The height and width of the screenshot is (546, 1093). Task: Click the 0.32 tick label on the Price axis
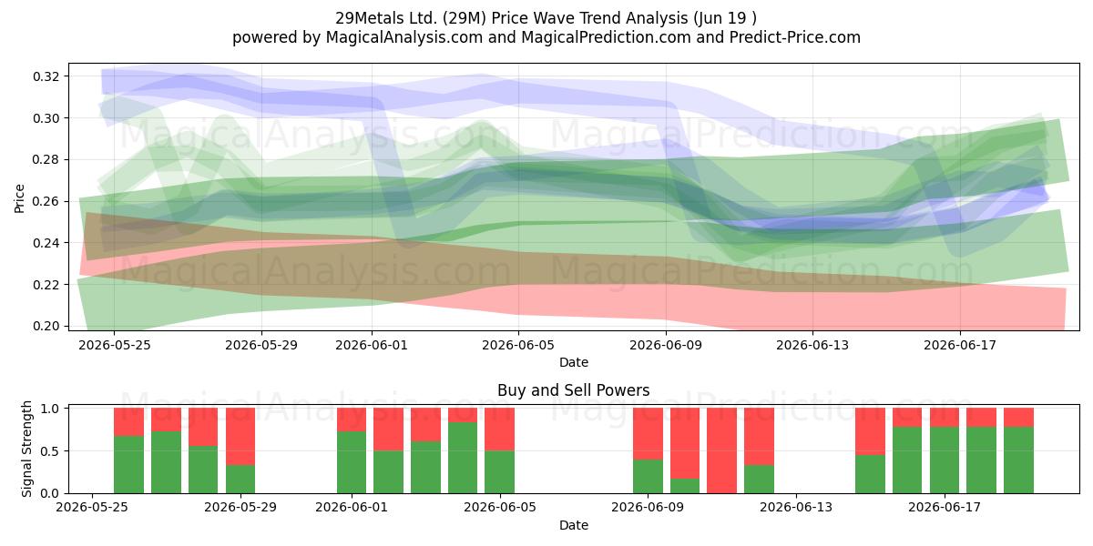pos(46,76)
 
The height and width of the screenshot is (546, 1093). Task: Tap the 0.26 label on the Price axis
pos(46,201)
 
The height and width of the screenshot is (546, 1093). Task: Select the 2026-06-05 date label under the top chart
pos(518,345)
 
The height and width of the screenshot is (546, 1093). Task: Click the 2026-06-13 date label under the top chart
pos(812,345)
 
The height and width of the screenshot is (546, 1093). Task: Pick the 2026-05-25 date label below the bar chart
pos(92,507)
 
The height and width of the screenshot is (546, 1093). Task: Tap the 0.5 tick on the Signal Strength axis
pos(51,451)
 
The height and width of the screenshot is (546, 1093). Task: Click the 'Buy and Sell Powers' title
pos(573,390)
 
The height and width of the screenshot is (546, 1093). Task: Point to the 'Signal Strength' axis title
pos(26,449)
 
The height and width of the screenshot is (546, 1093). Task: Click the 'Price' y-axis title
pos(19,198)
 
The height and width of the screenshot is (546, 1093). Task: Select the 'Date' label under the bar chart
pos(573,525)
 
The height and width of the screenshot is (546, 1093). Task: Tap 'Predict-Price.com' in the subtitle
pos(795,37)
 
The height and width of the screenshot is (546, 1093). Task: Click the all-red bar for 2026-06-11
pos(721,450)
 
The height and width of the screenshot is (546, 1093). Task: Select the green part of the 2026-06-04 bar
pos(463,458)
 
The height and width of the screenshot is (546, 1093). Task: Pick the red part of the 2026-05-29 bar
pos(240,436)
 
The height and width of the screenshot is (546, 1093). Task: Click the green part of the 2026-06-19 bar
pos(1018,460)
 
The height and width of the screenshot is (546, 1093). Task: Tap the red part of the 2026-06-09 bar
pos(648,434)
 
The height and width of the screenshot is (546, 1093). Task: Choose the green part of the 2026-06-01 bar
pos(352,462)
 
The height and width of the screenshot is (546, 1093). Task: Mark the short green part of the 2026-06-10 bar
pos(685,486)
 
